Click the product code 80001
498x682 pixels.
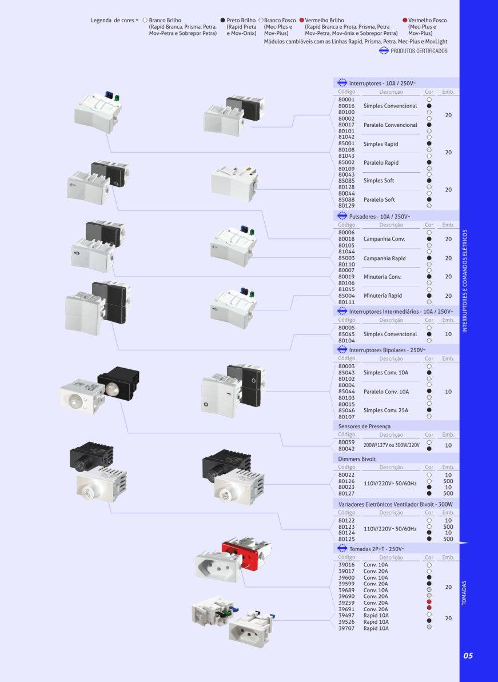[346, 99]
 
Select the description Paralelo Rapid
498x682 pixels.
[381, 163]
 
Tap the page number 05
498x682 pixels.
[468, 656]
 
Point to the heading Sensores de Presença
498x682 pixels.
[364, 426]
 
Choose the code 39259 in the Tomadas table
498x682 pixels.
[346, 603]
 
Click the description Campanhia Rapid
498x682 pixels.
[384, 258]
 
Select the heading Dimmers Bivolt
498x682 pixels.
[357, 459]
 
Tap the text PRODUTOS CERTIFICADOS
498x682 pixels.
[419, 51]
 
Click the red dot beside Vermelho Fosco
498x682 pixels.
[405, 20]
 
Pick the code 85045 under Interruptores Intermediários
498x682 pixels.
[346, 334]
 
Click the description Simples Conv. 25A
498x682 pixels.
[386, 410]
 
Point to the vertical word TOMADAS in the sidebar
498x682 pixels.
[464, 592]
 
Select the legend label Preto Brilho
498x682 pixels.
[241, 21]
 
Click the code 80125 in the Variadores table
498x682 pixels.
[346, 539]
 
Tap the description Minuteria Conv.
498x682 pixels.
[383, 277]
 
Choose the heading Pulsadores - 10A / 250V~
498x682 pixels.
[380, 217]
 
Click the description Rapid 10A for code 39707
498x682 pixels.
[376, 628]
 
